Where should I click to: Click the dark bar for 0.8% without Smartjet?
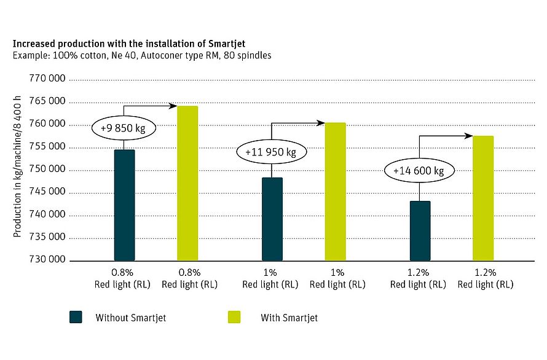pos(124,205)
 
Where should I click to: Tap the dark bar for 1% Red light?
pos(272,219)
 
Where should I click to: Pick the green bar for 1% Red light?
pos(335,192)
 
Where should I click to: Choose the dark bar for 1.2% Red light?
pos(420,230)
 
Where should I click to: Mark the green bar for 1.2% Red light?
pos(483,198)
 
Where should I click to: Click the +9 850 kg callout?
pos(124,128)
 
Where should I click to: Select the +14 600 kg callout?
pos(419,171)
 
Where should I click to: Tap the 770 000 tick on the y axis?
pos(47,80)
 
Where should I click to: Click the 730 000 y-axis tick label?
pos(47,260)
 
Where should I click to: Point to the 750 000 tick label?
pos(47,170)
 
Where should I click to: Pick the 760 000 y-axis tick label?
pos(47,125)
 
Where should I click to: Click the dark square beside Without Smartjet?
pos(76,317)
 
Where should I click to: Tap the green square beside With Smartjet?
pos(234,317)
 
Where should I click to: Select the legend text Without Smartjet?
pos(130,318)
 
